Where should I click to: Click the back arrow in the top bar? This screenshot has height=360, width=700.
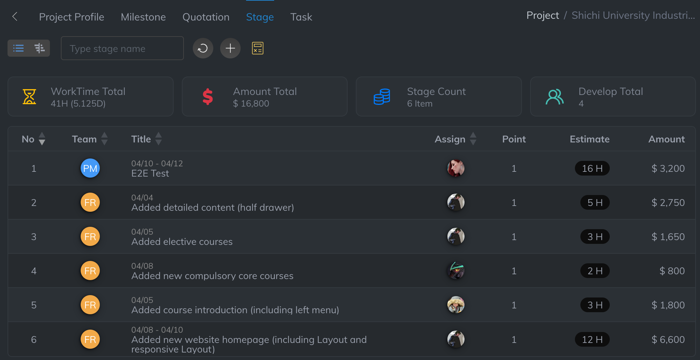point(15,16)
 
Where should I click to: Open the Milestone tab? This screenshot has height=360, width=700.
point(143,17)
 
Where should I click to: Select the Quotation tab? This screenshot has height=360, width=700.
point(206,17)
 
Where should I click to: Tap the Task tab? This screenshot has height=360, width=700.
point(301,17)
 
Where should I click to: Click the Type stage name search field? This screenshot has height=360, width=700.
point(122,49)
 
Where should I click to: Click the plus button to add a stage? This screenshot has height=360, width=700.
point(230,49)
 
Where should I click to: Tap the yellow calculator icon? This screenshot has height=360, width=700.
point(257,49)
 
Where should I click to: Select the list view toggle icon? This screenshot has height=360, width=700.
point(18,49)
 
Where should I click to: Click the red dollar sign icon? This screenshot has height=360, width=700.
point(207,97)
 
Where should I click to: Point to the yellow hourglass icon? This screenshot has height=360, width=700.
point(29,97)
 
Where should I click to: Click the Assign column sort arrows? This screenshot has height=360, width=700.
point(473,139)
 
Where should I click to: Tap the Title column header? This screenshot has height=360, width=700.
point(141,139)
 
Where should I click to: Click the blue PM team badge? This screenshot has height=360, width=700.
point(90,168)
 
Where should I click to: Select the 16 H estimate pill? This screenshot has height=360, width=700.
point(592,168)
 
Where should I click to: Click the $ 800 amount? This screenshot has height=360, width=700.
point(672,271)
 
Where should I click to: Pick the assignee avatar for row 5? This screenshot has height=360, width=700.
point(456,305)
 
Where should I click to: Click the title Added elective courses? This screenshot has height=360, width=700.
point(182,242)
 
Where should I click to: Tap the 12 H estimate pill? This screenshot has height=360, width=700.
point(592,340)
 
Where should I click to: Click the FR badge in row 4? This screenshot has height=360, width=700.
point(90,271)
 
